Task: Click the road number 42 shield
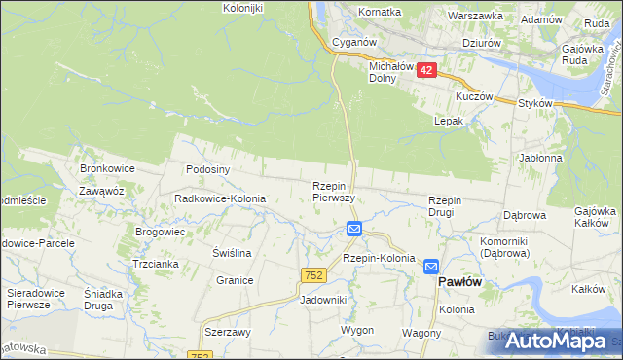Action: point(425,69)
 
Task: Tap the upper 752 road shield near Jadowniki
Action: point(312,277)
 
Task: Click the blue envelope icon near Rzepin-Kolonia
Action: point(354,230)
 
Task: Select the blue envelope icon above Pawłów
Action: point(430,265)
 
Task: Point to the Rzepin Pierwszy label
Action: point(332,191)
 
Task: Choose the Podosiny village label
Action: point(207,168)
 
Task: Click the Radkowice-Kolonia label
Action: point(219,198)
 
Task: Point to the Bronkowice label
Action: point(107,168)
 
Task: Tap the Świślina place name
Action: point(233,253)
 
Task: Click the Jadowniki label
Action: point(324,301)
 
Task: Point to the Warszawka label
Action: point(475,16)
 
